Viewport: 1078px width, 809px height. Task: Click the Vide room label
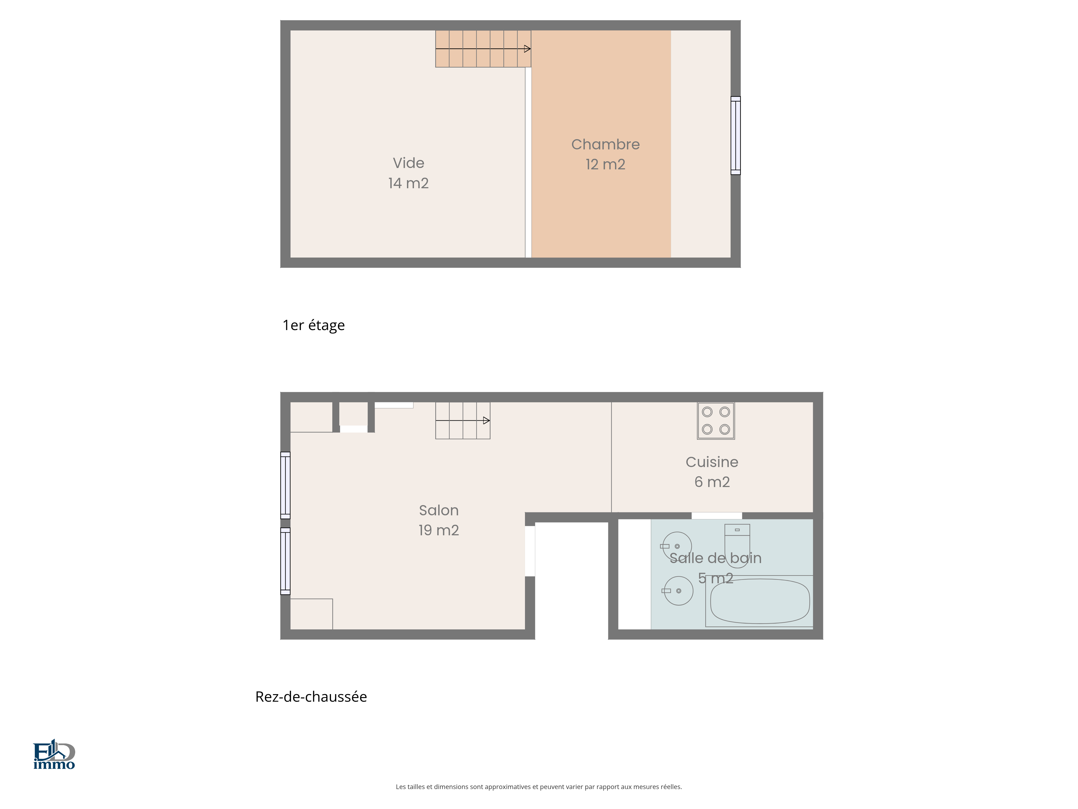pos(408,163)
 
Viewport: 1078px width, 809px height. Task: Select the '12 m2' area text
pos(605,164)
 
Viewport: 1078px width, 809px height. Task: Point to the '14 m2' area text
pos(408,183)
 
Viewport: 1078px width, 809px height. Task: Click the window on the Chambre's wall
pos(735,136)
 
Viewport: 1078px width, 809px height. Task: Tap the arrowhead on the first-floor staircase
pos(527,49)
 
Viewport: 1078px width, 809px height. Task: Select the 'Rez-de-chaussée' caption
pos(311,697)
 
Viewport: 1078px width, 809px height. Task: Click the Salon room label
pos(438,510)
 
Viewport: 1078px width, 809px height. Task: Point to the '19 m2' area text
pos(438,530)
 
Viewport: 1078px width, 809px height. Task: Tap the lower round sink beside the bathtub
pos(678,591)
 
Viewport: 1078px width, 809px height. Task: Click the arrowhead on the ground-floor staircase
pos(486,420)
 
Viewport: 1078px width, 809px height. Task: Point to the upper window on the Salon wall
pos(286,485)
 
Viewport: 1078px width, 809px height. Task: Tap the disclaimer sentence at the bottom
pos(538,787)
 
